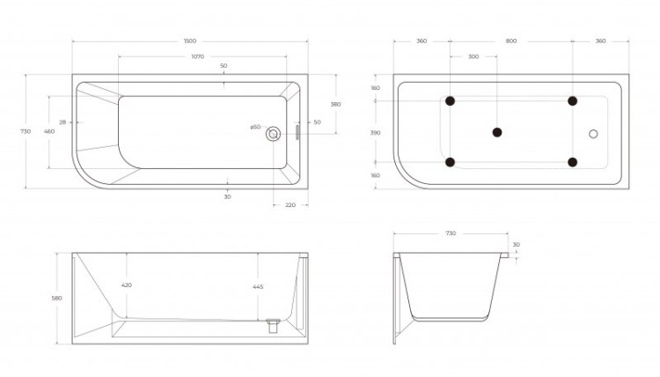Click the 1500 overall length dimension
190,41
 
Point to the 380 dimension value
334,104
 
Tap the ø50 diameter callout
254,127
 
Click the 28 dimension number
63,122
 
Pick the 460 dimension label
49,131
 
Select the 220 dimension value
290,204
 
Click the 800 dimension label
511,41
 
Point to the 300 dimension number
473,56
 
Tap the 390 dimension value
376,132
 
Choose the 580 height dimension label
56,298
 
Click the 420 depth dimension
128,285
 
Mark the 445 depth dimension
259,287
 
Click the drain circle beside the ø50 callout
273,133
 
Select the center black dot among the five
497,132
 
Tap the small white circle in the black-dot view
593,134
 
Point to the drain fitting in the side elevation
272,325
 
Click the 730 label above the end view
451,233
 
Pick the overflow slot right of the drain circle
297,132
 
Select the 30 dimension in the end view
517,245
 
